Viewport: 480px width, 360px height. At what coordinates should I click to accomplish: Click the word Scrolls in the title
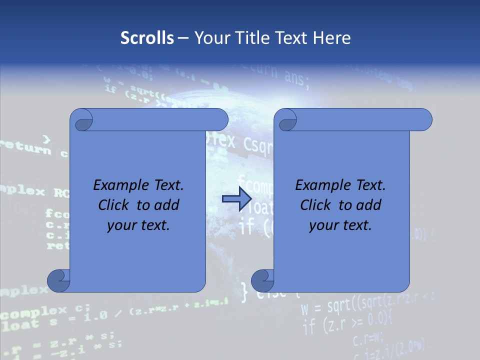[147, 38]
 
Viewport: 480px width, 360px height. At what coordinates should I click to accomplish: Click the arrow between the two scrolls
[236, 199]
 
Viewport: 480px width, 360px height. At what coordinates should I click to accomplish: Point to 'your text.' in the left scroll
[138, 225]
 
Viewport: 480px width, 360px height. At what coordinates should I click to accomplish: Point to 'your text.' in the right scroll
[340, 225]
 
